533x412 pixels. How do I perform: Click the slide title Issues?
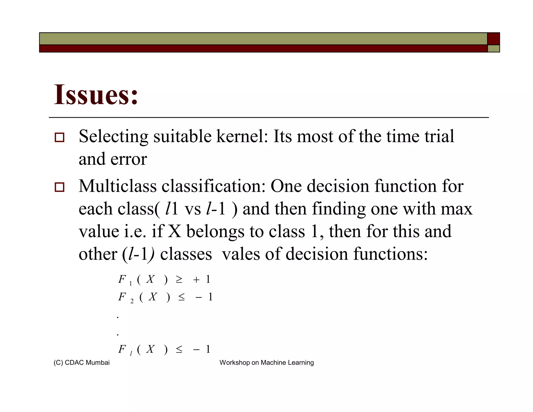coord(96,95)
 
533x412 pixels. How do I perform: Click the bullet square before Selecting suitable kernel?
coord(59,137)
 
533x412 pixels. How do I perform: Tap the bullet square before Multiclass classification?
coord(59,187)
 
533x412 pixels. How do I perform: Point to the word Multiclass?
coord(118,186)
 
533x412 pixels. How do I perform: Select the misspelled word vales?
coord(241,254)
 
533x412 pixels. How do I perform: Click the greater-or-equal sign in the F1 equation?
coord(179,280)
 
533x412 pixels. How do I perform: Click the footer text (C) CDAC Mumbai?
coord(81,363)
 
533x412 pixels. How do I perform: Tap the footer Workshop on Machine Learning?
coord(266,363)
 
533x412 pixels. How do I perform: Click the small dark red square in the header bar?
coord(493,39)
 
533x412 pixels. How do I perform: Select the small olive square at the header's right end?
coord(493,49)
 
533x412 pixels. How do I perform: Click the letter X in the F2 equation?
coord(153,297)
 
